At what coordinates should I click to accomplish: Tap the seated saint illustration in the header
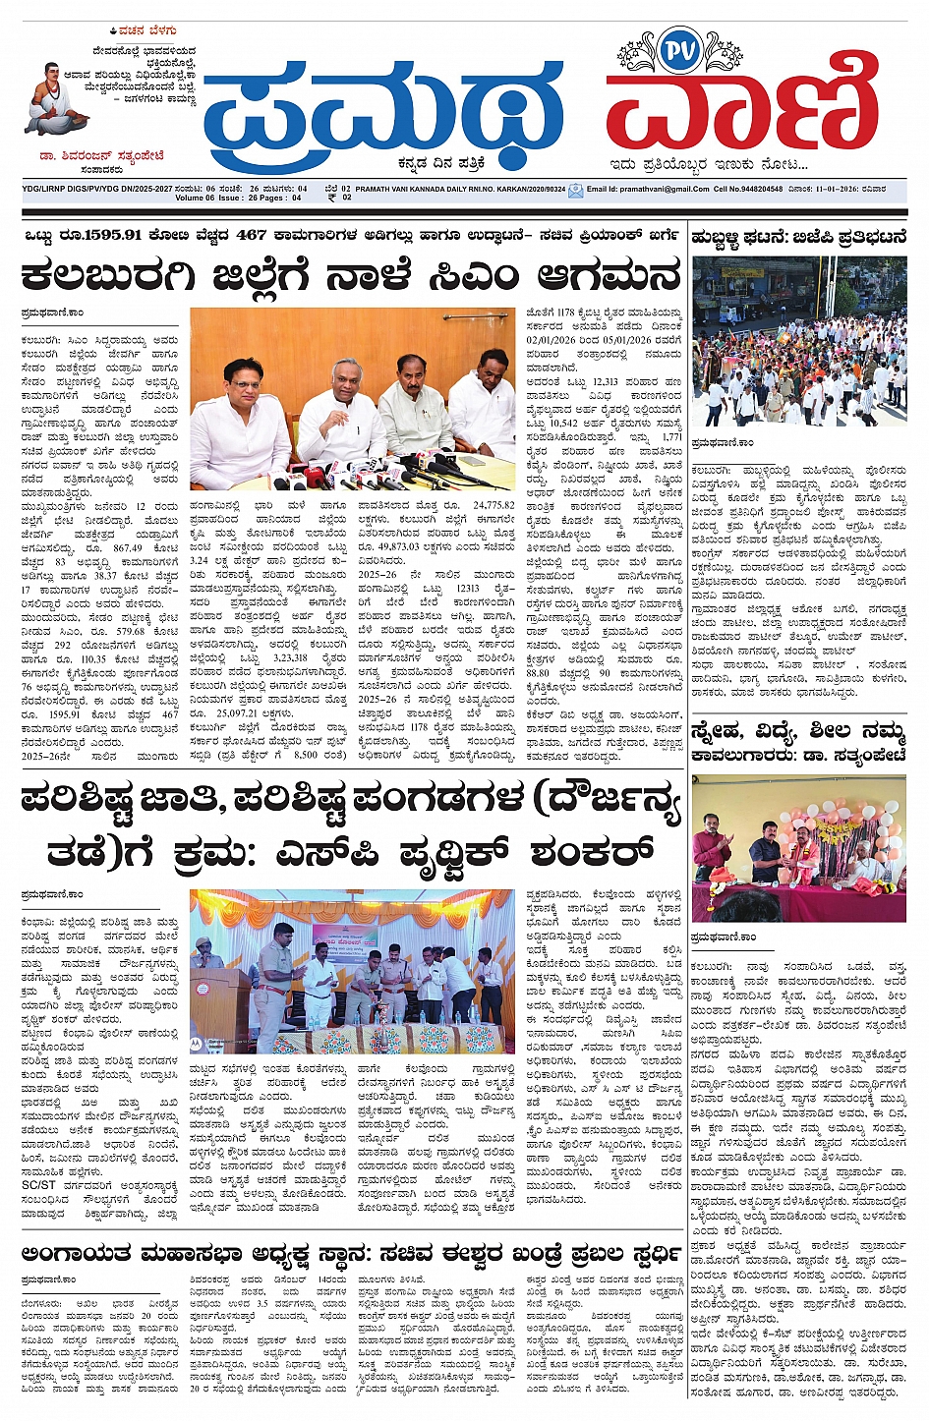click(57, 99)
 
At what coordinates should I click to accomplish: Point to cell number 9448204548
click(763, 189)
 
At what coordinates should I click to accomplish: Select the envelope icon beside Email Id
click(575, 191)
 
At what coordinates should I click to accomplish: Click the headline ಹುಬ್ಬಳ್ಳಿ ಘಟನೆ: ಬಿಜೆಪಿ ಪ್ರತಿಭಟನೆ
click(798, 237)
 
